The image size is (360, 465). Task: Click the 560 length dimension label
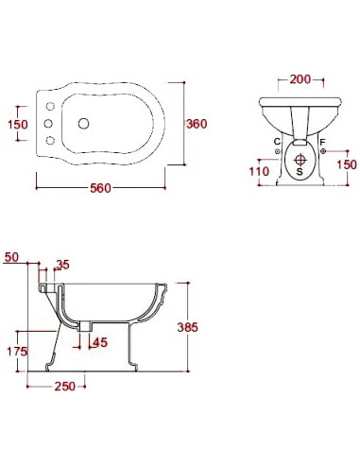[x=101, y=188]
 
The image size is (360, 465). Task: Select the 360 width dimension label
[x=197, y=124]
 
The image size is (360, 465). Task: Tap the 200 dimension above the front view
[x=300, y=79]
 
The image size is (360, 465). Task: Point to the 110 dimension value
[x=259, y=171]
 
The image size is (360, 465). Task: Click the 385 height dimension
[x=188, y=327]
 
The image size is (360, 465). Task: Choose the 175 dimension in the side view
[x=17, y=352]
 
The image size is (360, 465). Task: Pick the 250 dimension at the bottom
[x=65, y=387]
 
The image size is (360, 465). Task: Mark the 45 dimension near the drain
[x=100, y=342]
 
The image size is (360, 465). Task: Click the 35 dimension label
[x=62, y=265]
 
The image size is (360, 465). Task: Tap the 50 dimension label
[x=11, y=257]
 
